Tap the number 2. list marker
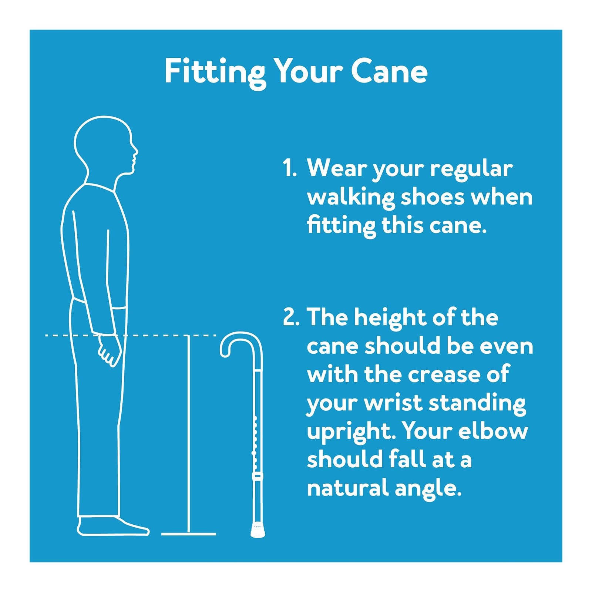(290, 318)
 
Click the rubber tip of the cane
(258, 530)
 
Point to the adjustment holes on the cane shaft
(255, 440)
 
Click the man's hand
(109, 350)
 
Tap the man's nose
(135, 151)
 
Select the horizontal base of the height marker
(189, 534)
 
